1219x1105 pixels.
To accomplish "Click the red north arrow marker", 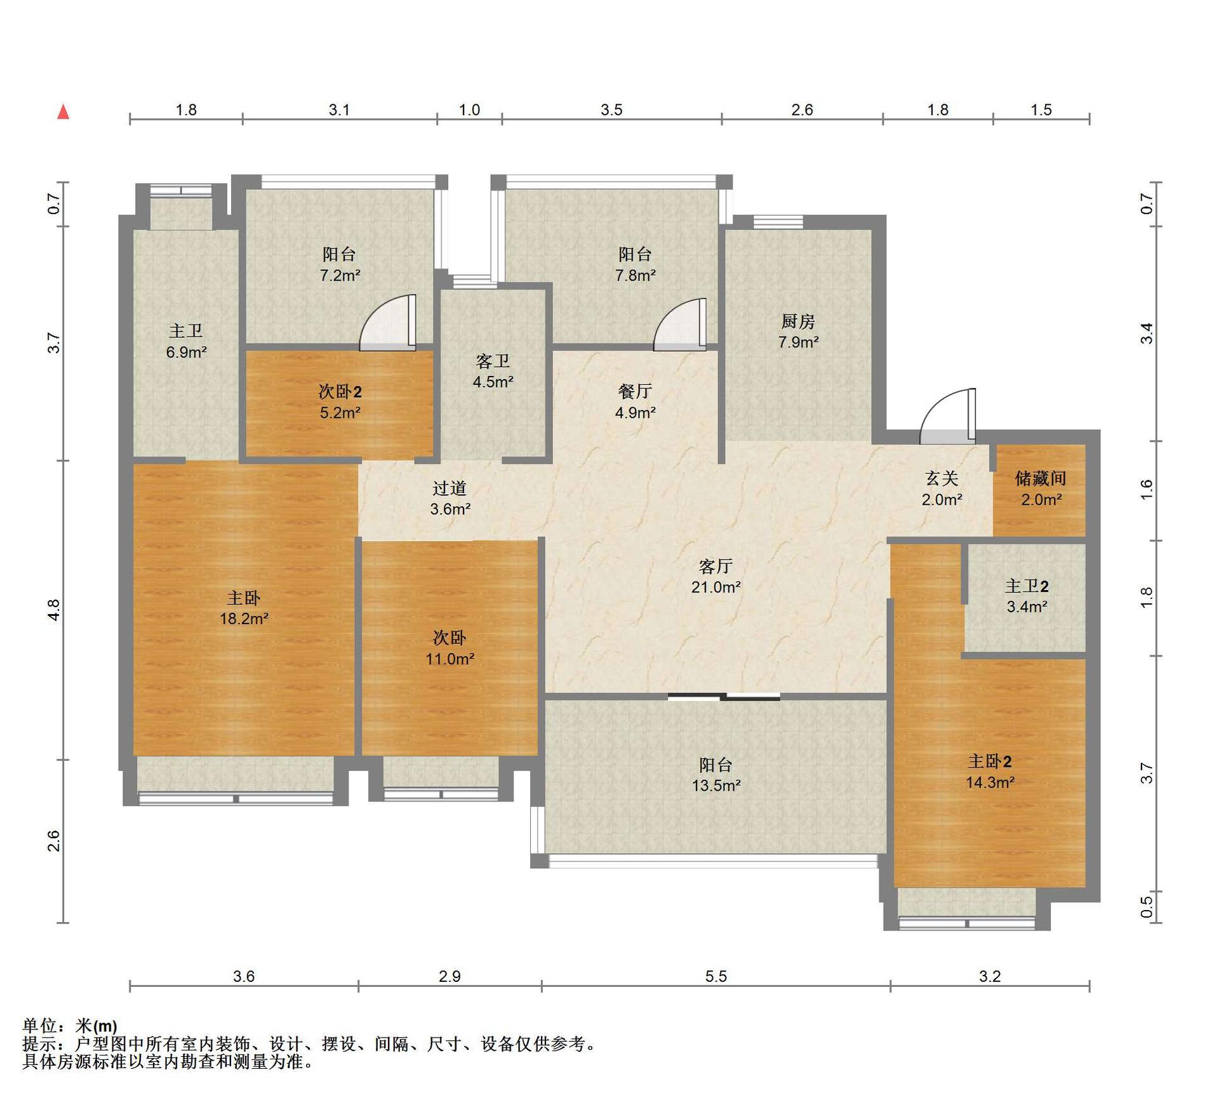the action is pyautogui.click(x=63, y=112).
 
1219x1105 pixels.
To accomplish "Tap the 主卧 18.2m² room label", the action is pyautogui.click(x=244, y=608).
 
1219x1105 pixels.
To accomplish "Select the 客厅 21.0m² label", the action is pyautogui.click(x=716, y=576).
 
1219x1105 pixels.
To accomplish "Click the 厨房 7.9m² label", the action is pyautogui.click(x=798, y=331).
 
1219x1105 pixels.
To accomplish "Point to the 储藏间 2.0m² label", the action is pyautogui.click(x=1041, y=488).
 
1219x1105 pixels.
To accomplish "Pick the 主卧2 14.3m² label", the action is pyautogui.click(x=990, y=772).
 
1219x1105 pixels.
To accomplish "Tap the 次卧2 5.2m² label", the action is pyautogui.click(x=340, y=402).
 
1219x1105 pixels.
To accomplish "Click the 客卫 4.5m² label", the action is pyautogui.click(x=493, y=372).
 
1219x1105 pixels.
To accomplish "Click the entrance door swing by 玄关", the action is pyautogui.click(x=947, y=416).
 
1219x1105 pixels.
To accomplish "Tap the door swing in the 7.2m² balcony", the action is pyautogui.click(x=387, y=323).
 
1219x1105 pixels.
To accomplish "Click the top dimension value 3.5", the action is pyautogui.click(x=611, y=110).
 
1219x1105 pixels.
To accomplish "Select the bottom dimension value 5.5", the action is pyautogui.click(x=716, y=976).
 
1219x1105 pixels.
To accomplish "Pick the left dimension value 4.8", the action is pyautogui.click(x=54, y=610).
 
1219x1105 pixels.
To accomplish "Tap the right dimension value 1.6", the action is pyautogui.click(x=1146, y=490).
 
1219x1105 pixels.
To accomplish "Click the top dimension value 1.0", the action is pyautogui.click(x=469, y=110).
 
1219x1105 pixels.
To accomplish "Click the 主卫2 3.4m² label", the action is pyautogui.click(x=1027, y=596).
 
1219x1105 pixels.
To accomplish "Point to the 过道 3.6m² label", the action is pyautogui.click(x=450, y=498).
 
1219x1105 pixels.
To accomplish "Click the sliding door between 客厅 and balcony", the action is pyautogui.click(x=724, y=697).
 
